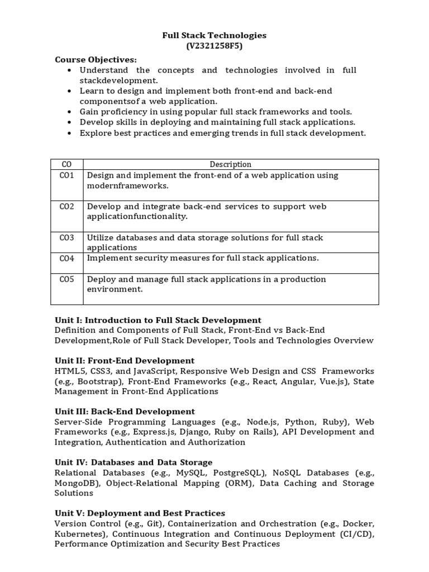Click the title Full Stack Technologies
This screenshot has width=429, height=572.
[x=214, y=35]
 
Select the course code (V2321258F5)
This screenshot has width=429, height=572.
[x=214, y=46]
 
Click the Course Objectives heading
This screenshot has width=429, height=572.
[x=96, y=59]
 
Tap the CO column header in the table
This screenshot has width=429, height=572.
[x=66, y=164]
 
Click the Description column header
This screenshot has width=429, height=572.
[x=230, y=164]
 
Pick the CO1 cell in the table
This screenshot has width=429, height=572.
[x=66, y=175]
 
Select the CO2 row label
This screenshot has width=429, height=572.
[x=66, y=207]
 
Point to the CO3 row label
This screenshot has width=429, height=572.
[x=66, y=237]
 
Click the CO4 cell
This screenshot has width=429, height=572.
[x=66, y=258]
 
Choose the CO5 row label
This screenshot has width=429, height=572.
[x=66, y=279]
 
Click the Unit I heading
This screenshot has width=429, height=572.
[x=158, y=320]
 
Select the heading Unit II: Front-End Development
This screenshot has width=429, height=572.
[x=125, y=360]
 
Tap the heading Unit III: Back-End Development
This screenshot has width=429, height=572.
[x=125, y=412]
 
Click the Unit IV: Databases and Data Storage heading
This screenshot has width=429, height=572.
[x=134, y=462]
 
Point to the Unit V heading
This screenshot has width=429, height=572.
[x=140, y=513]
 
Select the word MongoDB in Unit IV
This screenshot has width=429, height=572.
[x=77, y=483]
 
